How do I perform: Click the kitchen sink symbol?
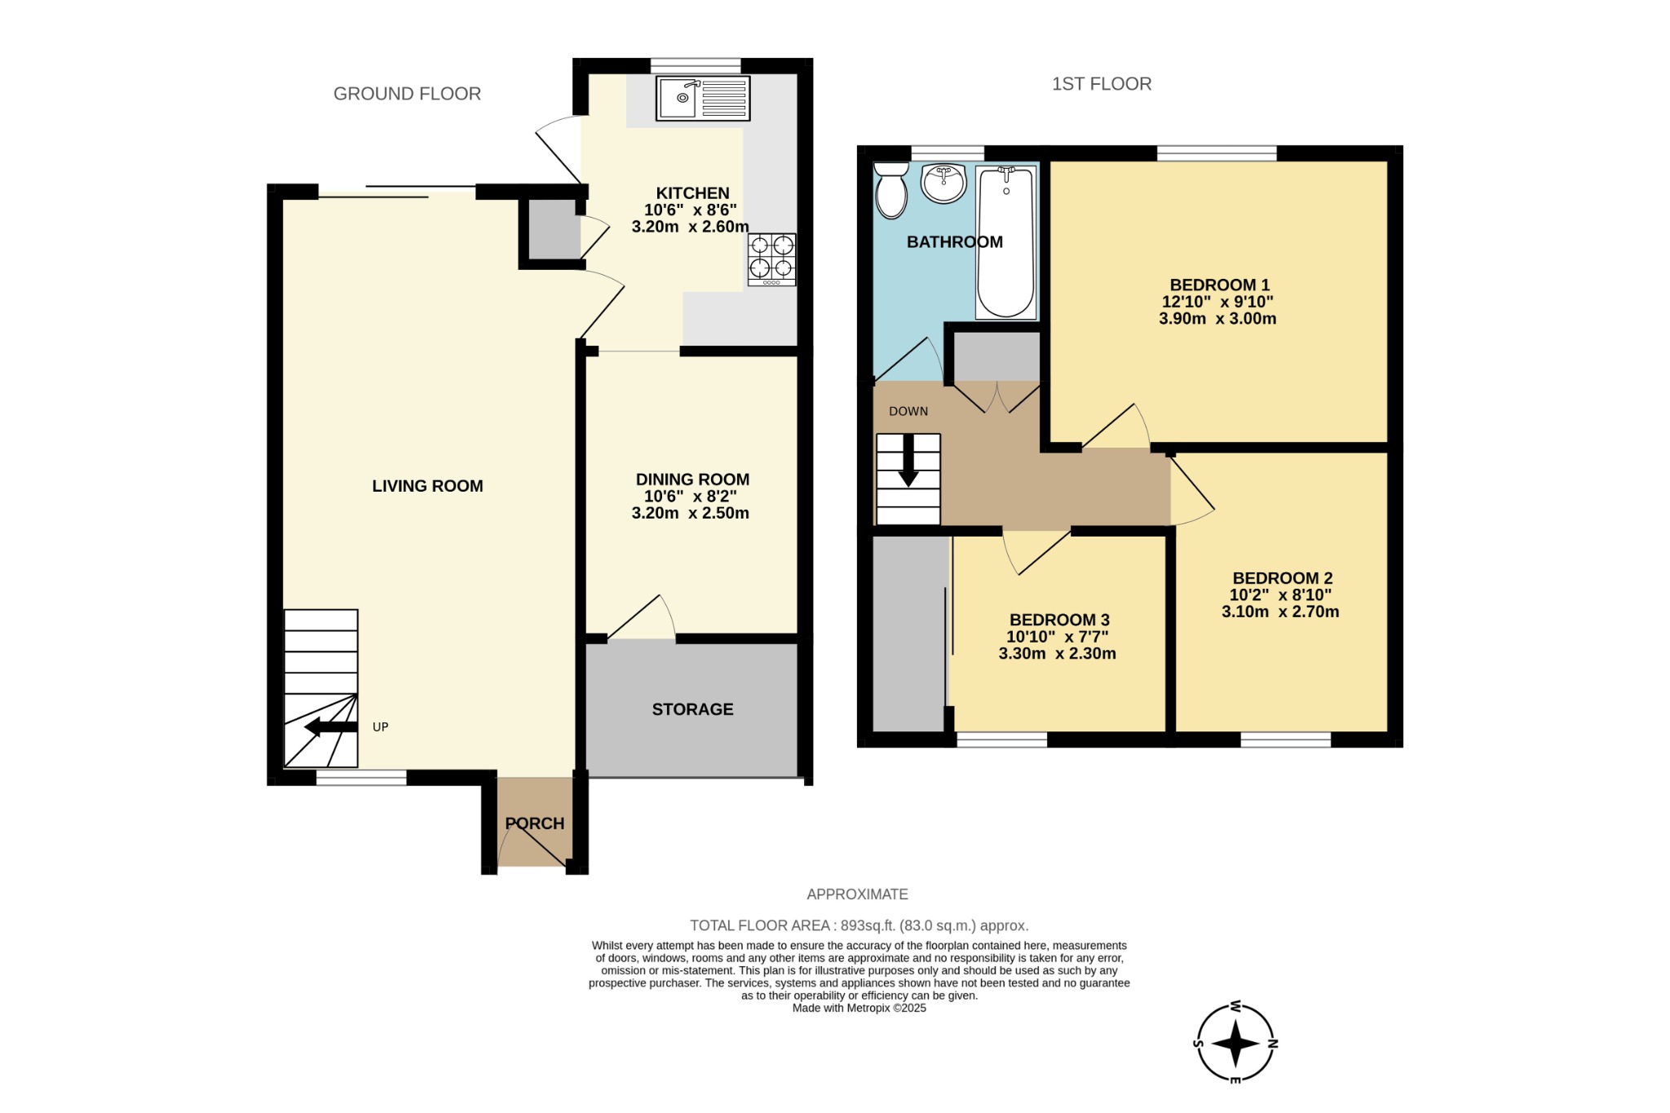pyautogui.click(x=703, y=98)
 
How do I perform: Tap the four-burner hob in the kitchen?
pyautogui.click(x=771, y=259)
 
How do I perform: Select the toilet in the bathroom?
pyautogui.click(x=890, y=190)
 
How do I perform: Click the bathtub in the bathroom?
pyautogui.click(x=1006, y=242)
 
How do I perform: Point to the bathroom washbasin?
pyautogui.click(x=943, y=183)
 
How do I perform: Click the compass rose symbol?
pyautogui.click(x=1235, y=1043)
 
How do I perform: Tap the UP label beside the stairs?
pyautogui.click(x=380, y=727)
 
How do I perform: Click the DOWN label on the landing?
pyautogui.click(x=908, y=411)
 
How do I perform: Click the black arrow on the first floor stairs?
pyautogui.click(x=908, y=468)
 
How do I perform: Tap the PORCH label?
pyautogui.click(x=535, y=824)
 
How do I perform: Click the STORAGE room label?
pyautogui.click(x=692, y=709)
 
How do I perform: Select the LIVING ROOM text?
pyautogui.click(x=427, y=486)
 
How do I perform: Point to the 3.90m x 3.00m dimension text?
pyautogui.click(x=1217, y=319)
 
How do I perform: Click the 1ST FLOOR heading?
pyautogui.click(x=1101, y=84)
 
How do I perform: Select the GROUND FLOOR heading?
pyautogui.click(x=407, y=94)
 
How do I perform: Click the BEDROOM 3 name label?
pyautogui.click(x=1058, y=620)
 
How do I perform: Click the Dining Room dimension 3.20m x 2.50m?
pyautogui.click(x=690, y=514)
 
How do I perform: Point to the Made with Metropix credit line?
pyautogui.click(x=859, y=1008)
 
